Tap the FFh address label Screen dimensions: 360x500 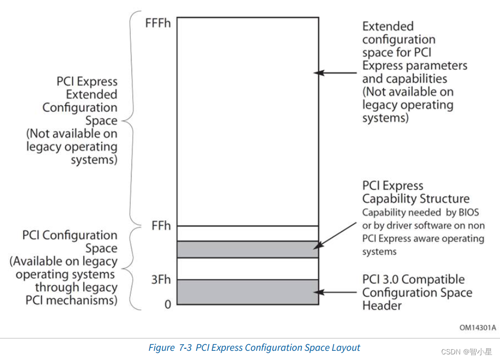[160, 225]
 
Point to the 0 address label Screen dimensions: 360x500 [167, 304]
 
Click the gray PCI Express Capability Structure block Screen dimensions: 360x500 [248, 249]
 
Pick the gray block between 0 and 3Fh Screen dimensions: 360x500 [248, 292]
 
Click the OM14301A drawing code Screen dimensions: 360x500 [478, 327]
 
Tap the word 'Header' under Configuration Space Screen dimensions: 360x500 [382, 306]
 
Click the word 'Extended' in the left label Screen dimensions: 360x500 [92, 94]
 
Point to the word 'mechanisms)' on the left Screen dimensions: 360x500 [87, 300]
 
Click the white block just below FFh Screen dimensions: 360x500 [248, 233]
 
